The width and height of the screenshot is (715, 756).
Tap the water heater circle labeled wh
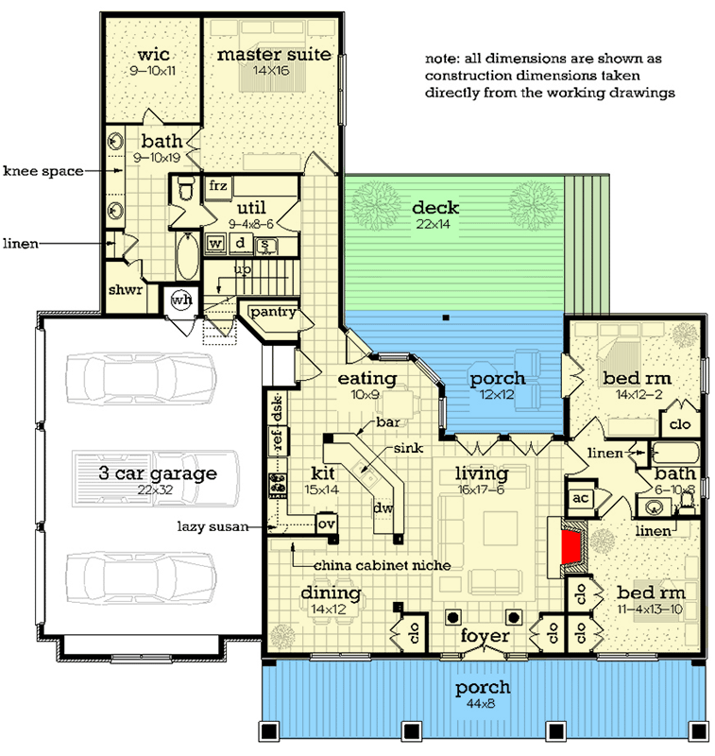coord(181,301)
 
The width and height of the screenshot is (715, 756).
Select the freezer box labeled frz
coord(218,185)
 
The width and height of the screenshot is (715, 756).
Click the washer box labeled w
coord(215,243)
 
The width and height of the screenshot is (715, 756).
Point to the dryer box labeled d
coord(240,243)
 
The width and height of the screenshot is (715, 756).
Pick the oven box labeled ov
coord(326,524)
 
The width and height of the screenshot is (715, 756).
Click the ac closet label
coord(581,498)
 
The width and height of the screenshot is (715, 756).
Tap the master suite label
coord(274,55)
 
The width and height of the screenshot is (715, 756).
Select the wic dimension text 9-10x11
coord(152,71)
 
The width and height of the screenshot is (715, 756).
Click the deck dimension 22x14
coord(434,224)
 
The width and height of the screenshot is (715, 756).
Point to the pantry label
coord(273,312)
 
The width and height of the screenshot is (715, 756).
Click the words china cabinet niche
coord(383,565)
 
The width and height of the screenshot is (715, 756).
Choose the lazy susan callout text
coord(213,526)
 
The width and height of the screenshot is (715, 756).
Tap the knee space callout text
coord(43,171)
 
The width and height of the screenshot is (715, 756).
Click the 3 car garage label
coord(158,473)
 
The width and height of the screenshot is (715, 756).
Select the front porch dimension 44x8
coord(481,703)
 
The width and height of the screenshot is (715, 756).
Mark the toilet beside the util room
coord(186,188)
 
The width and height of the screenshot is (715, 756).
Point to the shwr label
coord(126,290)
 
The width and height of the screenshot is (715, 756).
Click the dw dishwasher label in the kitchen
coord(383,507)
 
